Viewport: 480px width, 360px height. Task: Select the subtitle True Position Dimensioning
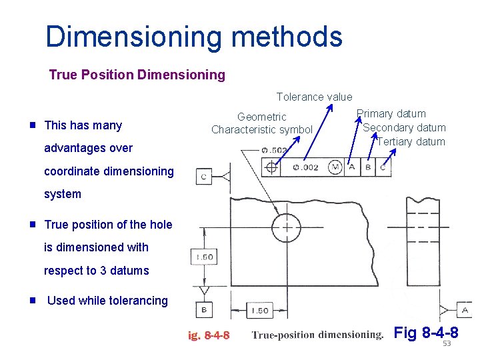pos(137,75)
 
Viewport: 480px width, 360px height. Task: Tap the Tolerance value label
pos(314,97)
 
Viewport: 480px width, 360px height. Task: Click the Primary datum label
pos(391,114)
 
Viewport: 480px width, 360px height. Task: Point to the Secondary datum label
pos(404,127)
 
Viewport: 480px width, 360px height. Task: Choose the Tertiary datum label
pos(411,141)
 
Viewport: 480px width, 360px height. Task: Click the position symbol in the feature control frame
pos(271,167)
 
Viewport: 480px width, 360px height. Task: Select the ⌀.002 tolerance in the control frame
pos(305,167)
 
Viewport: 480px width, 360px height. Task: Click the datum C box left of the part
pos(203,176)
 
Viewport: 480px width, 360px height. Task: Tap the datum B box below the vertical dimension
pos(203,309)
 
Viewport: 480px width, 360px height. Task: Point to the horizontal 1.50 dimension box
pos(260,310)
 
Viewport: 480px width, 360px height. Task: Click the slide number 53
pos(447,343)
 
